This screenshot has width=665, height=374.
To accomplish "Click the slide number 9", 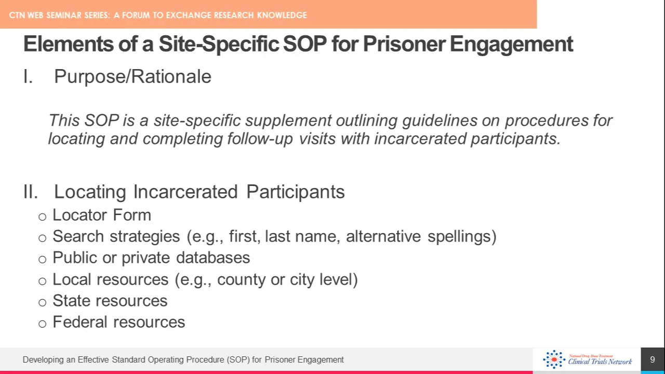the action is tap(653, 360).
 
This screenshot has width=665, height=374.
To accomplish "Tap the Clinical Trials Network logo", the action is tap(587, 359).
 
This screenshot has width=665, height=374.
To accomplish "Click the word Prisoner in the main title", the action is tap(404, 44).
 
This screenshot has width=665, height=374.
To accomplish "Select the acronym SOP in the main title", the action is tap(305, 44).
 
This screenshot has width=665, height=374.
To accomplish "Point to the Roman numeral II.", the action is tap(31, 192).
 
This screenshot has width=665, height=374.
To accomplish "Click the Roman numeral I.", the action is tap(28, 76).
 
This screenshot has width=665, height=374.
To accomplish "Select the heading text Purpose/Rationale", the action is tap(132, 76).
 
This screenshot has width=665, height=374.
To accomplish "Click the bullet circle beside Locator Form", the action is tap(43, 217).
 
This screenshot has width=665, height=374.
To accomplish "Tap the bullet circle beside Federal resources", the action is tap(43, 324).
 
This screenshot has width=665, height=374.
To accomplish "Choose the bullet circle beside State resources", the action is tap(43, 302).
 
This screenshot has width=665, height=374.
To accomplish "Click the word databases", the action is tap(213, 257).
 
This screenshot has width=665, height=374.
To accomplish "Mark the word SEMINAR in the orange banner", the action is tap(63, 15).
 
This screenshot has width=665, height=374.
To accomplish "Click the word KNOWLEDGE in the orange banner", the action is tap(282, 15).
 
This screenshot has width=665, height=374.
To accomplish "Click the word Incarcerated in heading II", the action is tap(185, 192).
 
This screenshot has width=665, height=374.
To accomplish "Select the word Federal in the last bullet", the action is tap(80, 322).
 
